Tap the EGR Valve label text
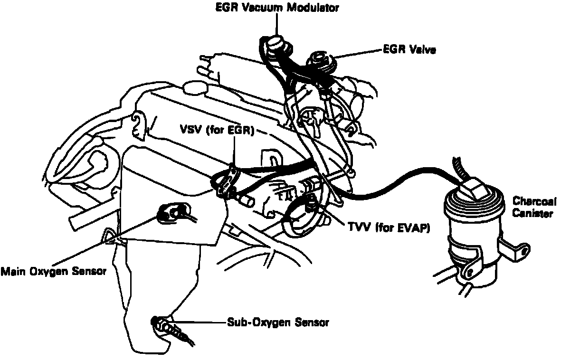click(x=409, y=49)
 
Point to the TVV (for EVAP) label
click(x=389, y=228)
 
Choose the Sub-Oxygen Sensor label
click(x=277, y=322)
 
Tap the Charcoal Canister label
click(x=532, y=207)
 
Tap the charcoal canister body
click(x=470, y=237)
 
